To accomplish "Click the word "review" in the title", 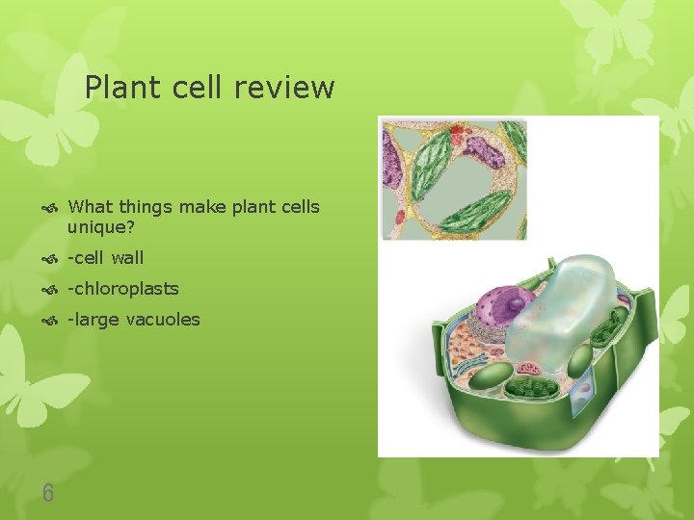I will click(287, 88).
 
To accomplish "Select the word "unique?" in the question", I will click(101, 227).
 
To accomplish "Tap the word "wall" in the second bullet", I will click(127, 257).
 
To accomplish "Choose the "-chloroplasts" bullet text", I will click(122, 288).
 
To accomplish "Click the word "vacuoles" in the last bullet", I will click(163, 319).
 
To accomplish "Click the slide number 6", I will click(48, 494).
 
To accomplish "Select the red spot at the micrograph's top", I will click(456, 128).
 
